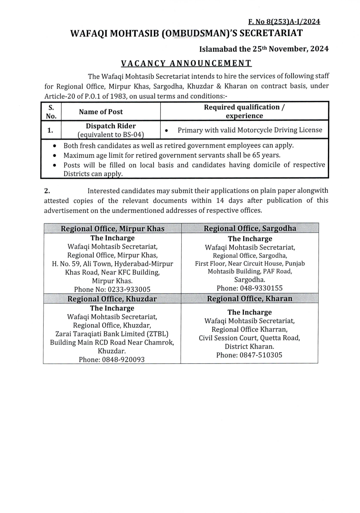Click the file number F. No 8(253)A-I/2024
pos(284,22)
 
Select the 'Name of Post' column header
pos(101,112)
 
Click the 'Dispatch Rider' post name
pos(111,126)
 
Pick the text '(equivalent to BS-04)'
pos(111,134)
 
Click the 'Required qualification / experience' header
pos(245,112)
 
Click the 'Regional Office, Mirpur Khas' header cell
pos(112,228)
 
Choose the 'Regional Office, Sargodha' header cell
pos(250,228)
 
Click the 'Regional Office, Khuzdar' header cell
pos(112,299)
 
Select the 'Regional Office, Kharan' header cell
pos(250,299)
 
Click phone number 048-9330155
pos(262,288)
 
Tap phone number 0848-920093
pos(124,360)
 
